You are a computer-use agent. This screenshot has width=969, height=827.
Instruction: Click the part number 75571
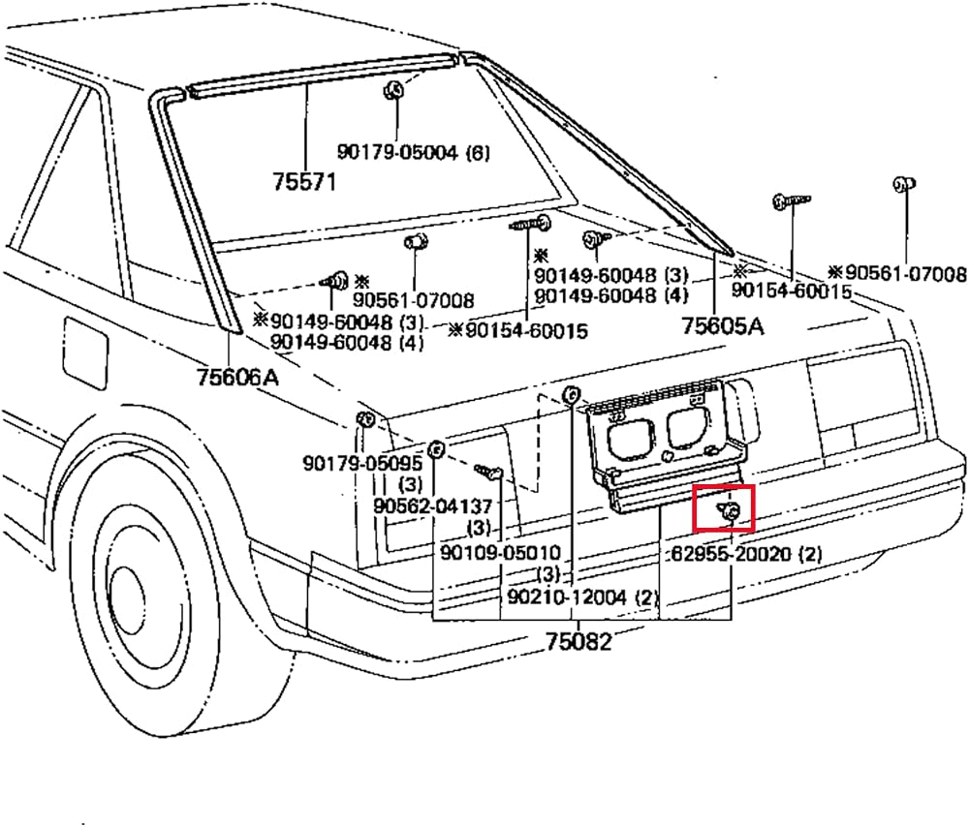pyautogui.click(x=304, y=181)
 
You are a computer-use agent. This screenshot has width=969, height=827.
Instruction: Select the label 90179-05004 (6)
pyautogui.click(x=413, y=152)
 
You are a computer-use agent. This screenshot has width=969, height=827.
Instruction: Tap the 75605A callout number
pyautogui.click(x=723, y=326)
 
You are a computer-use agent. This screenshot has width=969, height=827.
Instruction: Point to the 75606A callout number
pyautogui.click(x=238, y=376)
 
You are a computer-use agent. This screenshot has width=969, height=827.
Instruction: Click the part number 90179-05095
pyautogui.click(x=362, y=463)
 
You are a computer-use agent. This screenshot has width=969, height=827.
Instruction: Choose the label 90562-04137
pyautogui.click(x=432, y=506)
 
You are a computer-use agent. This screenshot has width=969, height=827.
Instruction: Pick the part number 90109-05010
pyautogui.click(x=500, y=552)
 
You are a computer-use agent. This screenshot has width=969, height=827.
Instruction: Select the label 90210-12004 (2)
pyautogui.click(x=582, y=597)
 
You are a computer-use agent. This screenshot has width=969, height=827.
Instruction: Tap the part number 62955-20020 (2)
pyautogui.click(x=746, y=553)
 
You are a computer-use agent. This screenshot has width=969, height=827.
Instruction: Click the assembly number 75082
pyautogui.click(x=579, y=642)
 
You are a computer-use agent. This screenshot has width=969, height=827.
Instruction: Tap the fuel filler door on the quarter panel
pyautogui.click(x=85, y=353)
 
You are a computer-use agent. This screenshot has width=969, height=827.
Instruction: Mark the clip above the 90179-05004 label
pyautogui.click(x=393, y=90)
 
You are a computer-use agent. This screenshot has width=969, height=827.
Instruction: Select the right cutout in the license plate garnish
pyautogui.click(x=687, y=426)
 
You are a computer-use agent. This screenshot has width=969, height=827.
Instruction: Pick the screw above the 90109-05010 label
pyautogui.click(x=488, y=473)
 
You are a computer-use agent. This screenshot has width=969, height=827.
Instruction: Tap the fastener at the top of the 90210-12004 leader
pyautogui.click(x=571, y=394)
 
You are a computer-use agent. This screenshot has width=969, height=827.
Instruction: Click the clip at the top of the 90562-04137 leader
pyautogui.click(x=436, y=449)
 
